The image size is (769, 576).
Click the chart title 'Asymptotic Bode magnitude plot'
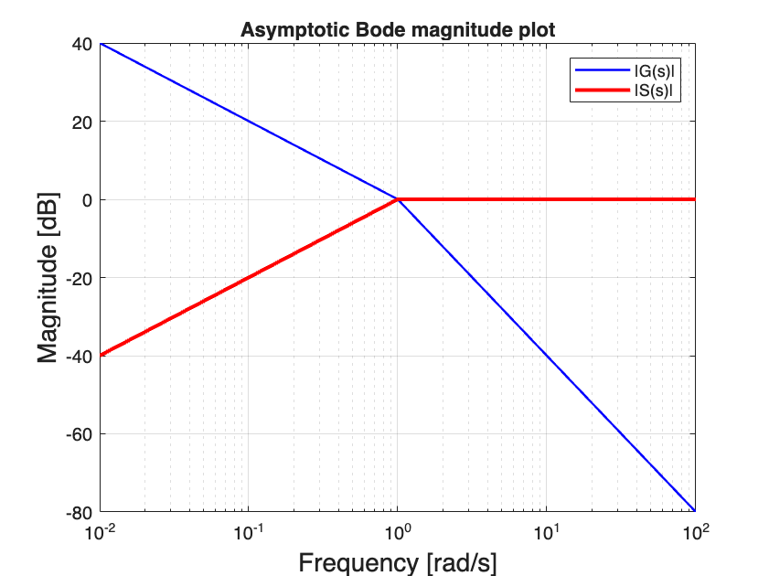coord(398,30)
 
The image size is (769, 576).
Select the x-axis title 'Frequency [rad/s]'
coord(398,560)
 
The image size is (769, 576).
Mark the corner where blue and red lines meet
coord(398,199)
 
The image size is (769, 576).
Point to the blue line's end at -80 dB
coord(694,510)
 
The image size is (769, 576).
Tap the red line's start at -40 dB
coord(101,355)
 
